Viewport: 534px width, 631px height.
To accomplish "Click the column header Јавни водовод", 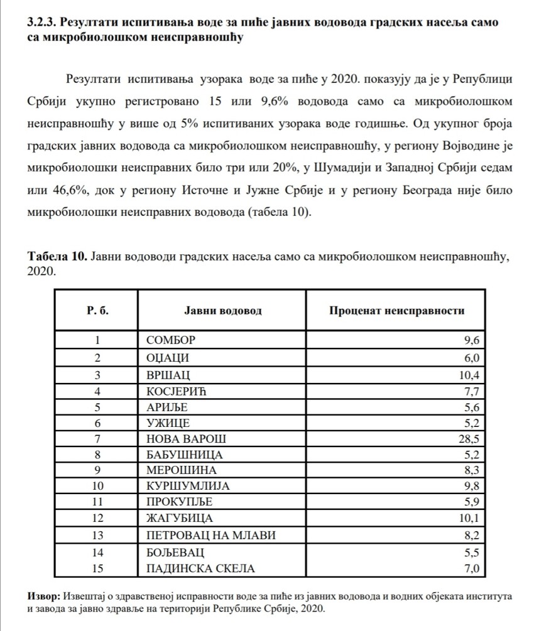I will [x=222, y=310].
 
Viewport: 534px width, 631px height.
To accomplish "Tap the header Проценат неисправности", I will [x=397, y=310].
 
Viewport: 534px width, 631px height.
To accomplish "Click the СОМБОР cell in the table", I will [x=170, y=340].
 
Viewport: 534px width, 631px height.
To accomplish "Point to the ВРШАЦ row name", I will [x=166, y=373].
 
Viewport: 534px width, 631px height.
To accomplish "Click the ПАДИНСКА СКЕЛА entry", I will [x=200, y=569].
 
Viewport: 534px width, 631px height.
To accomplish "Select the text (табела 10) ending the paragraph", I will [x=281, y=212].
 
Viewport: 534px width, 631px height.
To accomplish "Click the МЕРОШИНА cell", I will [x=181, y=470].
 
